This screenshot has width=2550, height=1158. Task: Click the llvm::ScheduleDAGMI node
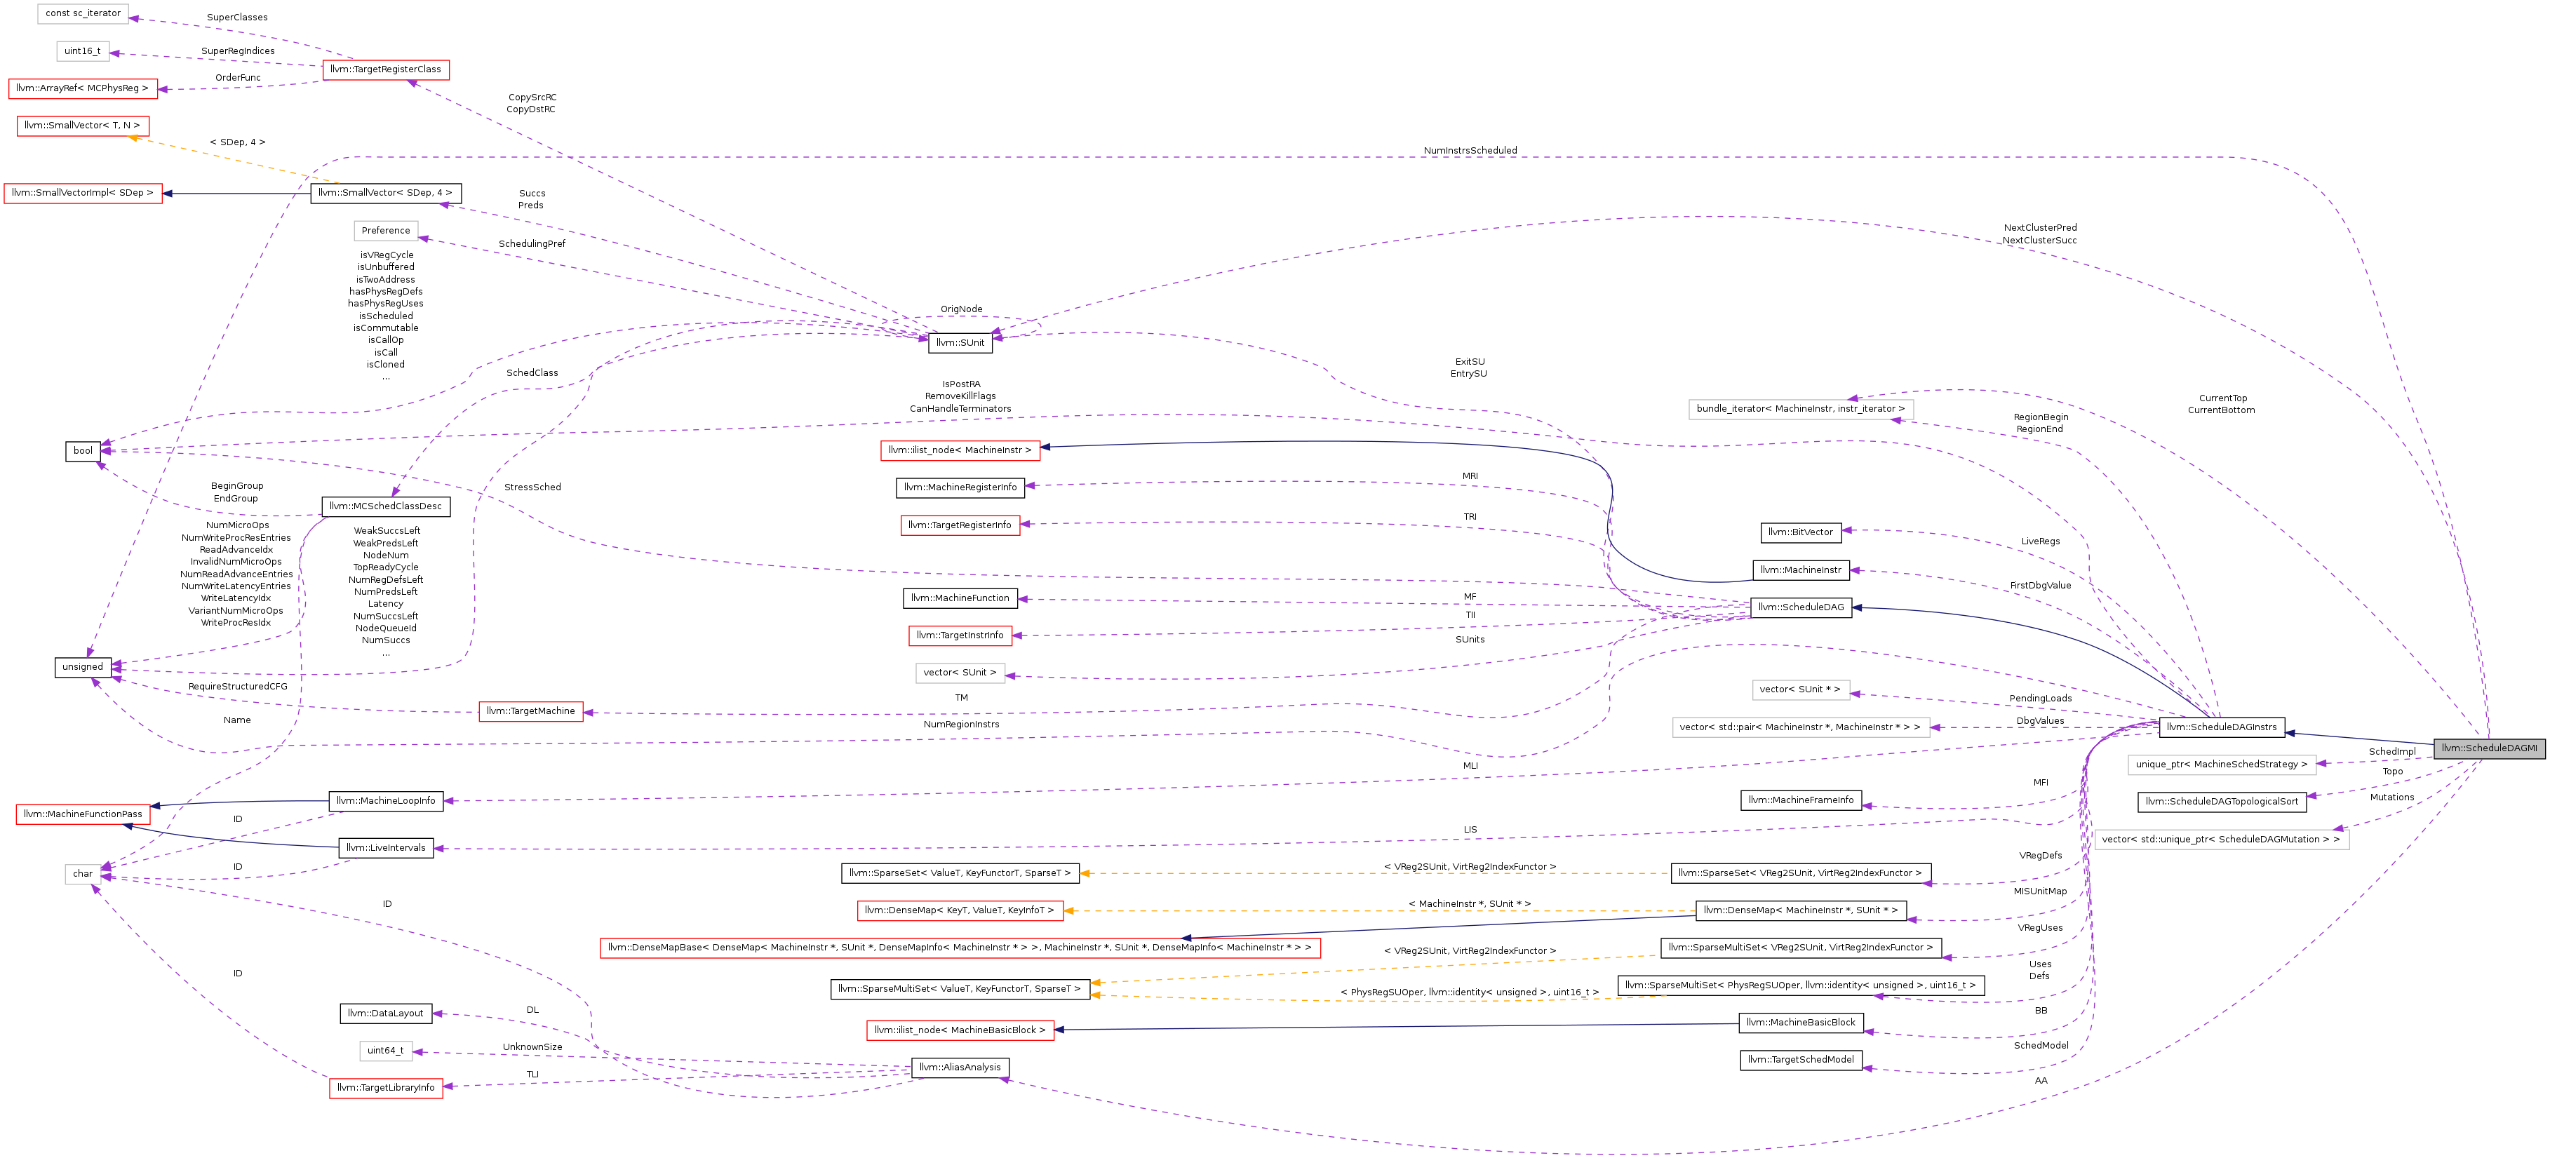2489,748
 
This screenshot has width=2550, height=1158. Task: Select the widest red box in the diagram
960,948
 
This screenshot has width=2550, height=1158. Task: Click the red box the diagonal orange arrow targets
83,127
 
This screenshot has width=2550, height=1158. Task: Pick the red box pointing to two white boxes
386,70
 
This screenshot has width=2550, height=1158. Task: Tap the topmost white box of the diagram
83,14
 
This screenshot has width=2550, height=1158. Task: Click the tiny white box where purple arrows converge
83,875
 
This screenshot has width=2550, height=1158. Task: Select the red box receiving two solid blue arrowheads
83,814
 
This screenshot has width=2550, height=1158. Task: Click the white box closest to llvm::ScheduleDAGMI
2222,765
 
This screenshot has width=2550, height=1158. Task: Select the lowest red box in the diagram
386,1089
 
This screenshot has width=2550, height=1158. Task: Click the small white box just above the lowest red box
386,1051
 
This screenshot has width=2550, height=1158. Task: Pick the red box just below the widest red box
960,1030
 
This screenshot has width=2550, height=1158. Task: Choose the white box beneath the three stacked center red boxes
960,674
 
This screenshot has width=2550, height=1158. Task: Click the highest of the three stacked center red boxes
960,451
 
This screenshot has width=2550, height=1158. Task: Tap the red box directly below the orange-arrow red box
83,194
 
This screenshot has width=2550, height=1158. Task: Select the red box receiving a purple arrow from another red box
83,89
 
